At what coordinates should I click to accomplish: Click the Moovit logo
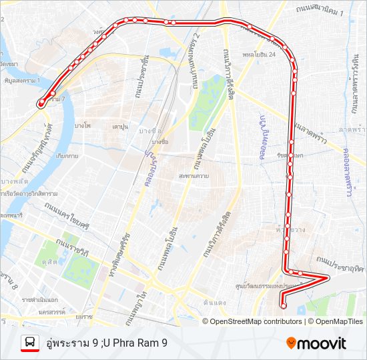tap(316, 343)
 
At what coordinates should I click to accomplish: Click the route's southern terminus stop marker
tap(284, 306)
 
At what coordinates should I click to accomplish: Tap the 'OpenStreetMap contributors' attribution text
tap(256, 321)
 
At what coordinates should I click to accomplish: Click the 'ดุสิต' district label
tap(49, 263)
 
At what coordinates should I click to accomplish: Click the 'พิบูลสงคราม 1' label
tap(21, 80)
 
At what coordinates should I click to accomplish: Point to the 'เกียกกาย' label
tap(67, 155)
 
